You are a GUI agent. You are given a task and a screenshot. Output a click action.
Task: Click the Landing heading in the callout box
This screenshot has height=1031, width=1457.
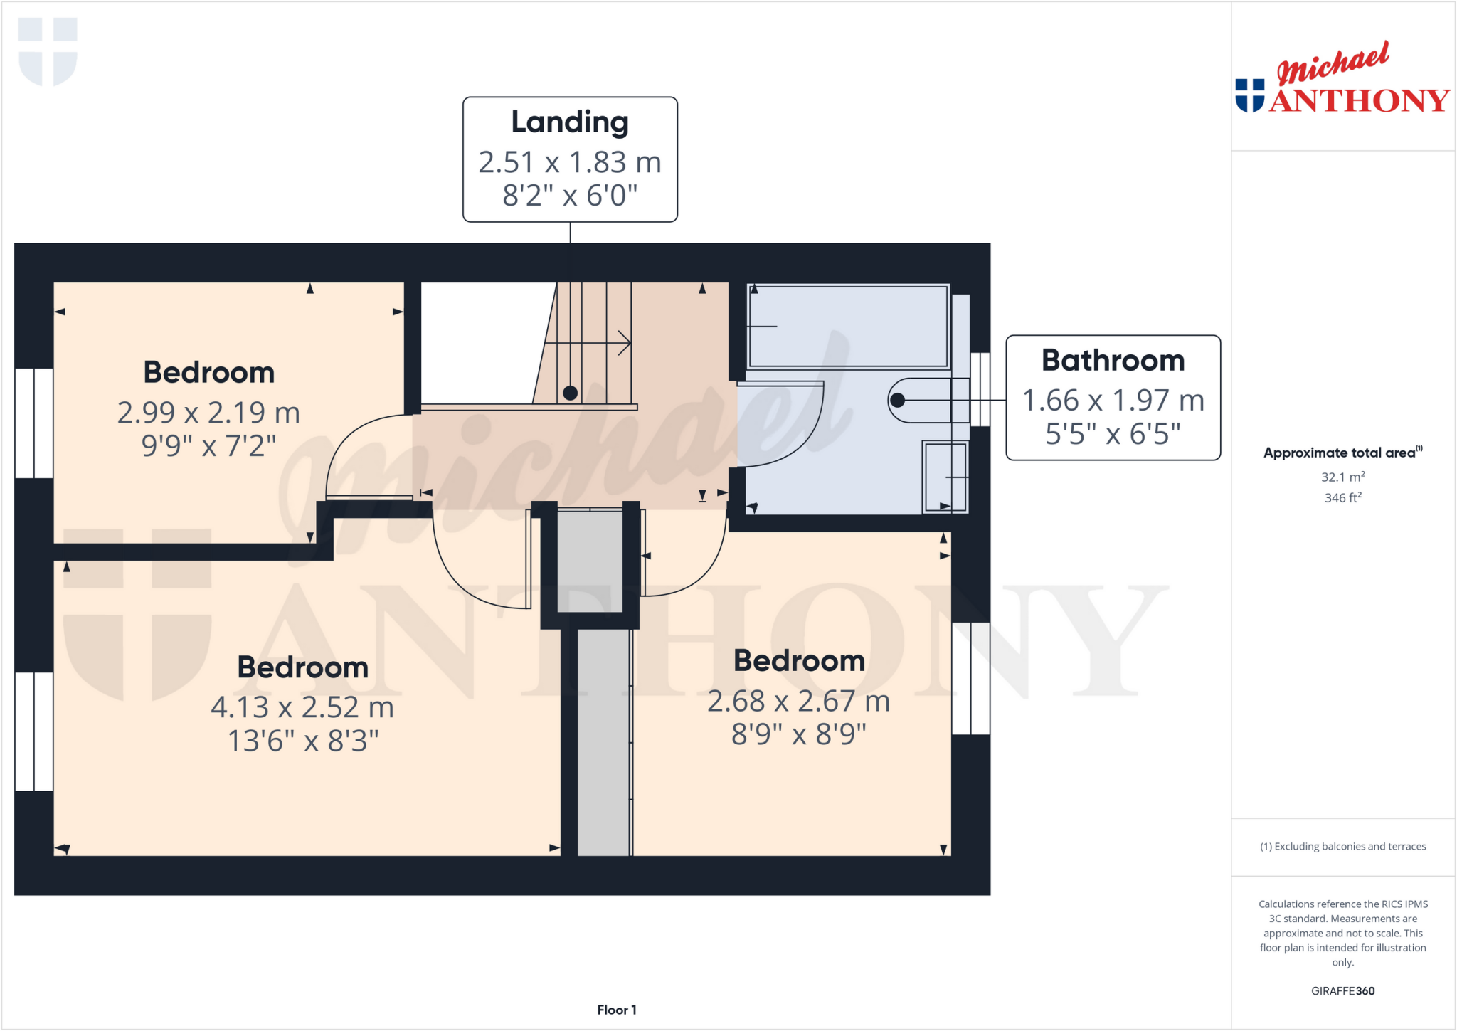[x=570, y=122]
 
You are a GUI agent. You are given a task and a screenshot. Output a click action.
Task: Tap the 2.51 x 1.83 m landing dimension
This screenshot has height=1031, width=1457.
[x=570, y=162]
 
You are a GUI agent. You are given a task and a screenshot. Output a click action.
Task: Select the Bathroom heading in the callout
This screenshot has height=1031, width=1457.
[x=1113, y=360]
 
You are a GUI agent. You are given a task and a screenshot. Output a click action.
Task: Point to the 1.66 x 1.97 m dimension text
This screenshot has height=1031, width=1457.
[x=1113, y=400]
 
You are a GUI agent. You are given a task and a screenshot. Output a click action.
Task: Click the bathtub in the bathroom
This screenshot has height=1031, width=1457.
[x=848, y=326]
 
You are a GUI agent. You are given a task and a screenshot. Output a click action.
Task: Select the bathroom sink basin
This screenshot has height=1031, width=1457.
[x=945, y=476]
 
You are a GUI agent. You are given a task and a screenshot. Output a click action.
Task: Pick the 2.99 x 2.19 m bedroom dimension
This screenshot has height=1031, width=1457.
[x=208, y=413]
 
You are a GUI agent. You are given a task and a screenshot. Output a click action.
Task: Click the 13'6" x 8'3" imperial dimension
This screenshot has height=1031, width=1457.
[x=302, y=741]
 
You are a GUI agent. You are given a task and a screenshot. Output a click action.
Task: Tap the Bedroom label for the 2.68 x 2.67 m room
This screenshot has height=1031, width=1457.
[x=799, y=660]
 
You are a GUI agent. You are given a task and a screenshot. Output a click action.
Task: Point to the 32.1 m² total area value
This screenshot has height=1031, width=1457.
[x=1342, y=477]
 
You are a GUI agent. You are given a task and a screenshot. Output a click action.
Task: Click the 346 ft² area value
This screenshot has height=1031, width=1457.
[x=1342, y=497]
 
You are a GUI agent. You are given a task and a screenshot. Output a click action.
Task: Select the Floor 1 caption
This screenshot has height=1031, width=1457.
[x=616, y=1010]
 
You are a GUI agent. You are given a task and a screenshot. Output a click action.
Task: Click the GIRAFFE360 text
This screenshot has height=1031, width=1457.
[x=1342, y=990]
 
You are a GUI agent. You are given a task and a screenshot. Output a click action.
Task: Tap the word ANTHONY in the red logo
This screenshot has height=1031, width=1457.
[x=1359, y=100]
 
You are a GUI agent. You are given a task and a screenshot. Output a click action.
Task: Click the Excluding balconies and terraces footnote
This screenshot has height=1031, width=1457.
[x=1342, y=846]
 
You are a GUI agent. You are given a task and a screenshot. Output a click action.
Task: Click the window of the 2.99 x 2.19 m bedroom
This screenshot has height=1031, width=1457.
[x=33, y=423]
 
